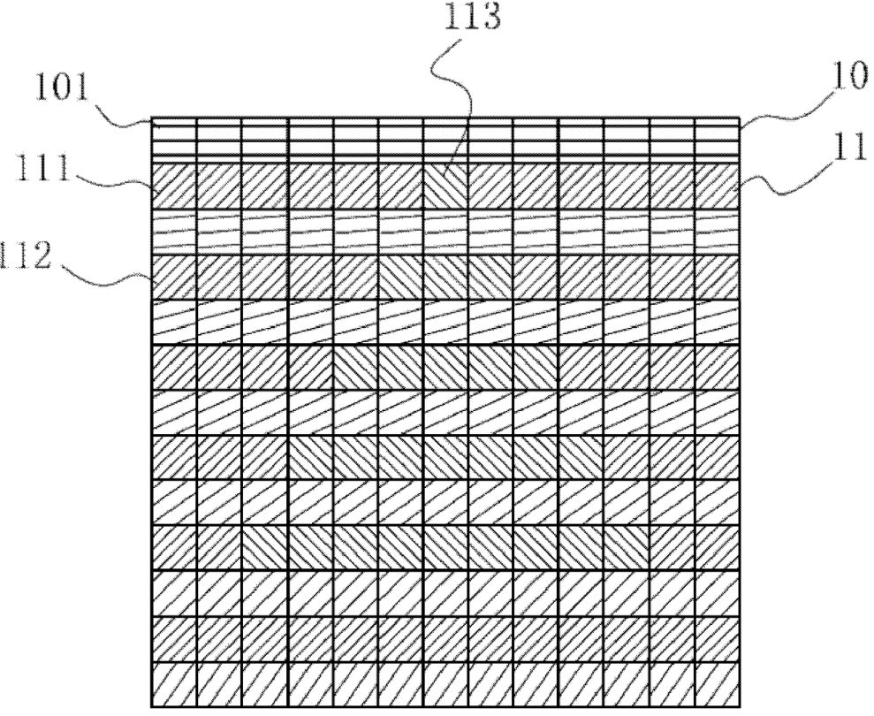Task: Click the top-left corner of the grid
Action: tap(152, 118)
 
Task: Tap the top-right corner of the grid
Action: tap(740, 118)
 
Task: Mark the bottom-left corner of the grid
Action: tap(152, 705)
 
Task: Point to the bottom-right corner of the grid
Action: tap(740, 705)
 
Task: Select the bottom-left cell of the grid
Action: tap(174, 683)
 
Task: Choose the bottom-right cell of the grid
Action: tap(718, 683)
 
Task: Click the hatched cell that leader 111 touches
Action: tap(174, 185)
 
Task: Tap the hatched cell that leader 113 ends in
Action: tap(445, 185)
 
